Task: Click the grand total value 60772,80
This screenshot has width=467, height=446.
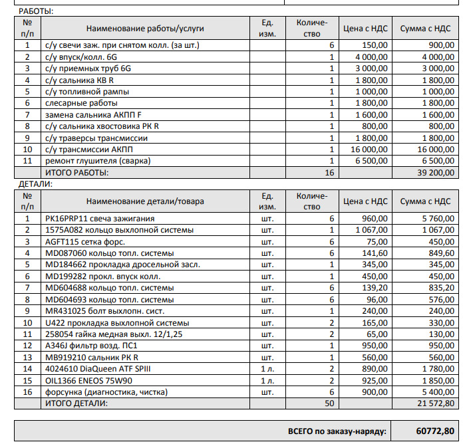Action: click(435, 431)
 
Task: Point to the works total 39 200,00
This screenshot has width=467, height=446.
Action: click(433, 173)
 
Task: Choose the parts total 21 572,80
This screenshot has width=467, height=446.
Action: click(433, 403)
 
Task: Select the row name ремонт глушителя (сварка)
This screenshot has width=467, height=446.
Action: click(98, 161)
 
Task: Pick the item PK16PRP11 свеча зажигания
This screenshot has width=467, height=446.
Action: click(100, 219)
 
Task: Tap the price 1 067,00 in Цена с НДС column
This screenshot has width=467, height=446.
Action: click(373, 230)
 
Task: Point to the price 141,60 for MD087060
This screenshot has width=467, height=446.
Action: click(377, 253)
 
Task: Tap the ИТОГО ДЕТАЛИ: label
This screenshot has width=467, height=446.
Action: click(76, 403)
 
